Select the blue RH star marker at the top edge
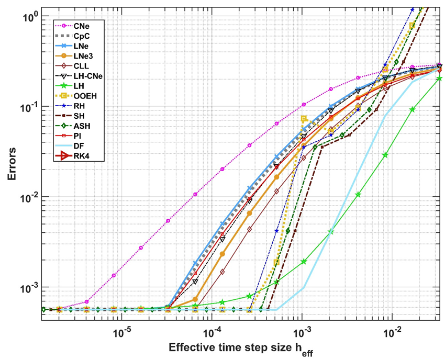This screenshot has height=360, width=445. click(412, 9)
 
